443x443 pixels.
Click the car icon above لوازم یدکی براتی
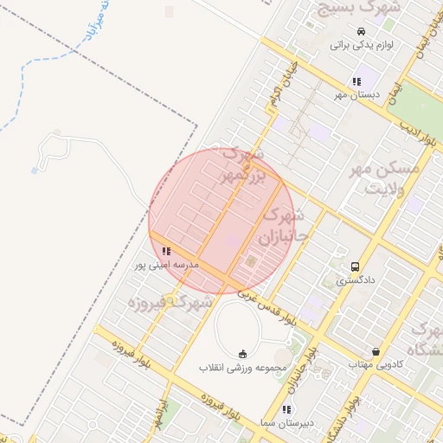(x=337, y=32)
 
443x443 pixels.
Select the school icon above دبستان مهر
(x=356, y=81)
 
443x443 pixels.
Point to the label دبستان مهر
(x=356, y=95)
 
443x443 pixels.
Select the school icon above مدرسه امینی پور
(x=166, y=251)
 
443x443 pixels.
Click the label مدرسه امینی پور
(x=166, y=265)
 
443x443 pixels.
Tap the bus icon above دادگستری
(x=355, y=266)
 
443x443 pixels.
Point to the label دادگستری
(x=355, y=280)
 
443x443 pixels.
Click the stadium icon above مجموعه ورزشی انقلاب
(x=242, y=354)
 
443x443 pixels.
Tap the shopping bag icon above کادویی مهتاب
(x=376, y=351)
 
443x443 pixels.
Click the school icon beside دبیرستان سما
(x=286, y=409)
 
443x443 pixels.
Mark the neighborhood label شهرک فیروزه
(x=170, y=303)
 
